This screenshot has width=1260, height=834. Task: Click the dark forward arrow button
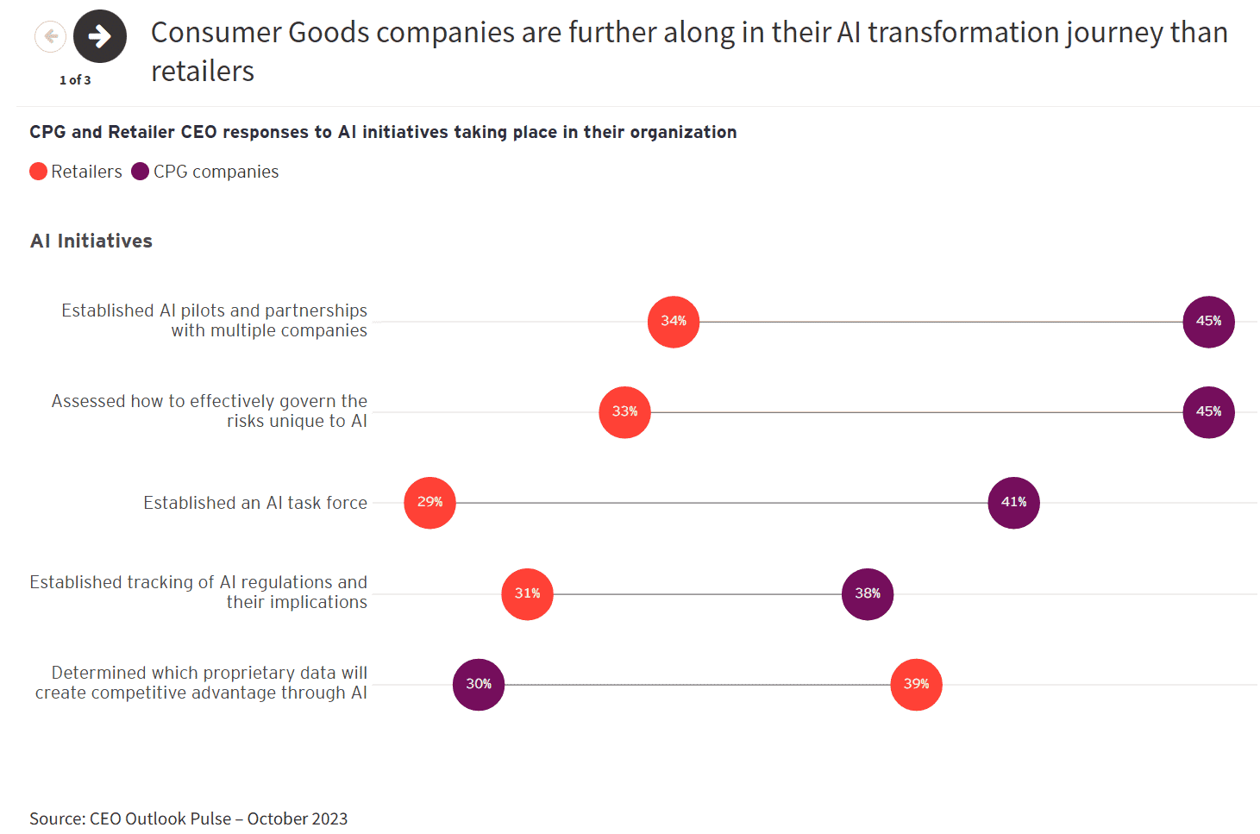pos(100,36)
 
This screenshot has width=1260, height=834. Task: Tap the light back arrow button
pos(51,36)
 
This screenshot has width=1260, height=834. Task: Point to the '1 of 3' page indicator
pos(75,80)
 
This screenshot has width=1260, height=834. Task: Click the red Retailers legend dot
pos(38,172)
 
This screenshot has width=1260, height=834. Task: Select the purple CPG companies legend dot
pos(141,172)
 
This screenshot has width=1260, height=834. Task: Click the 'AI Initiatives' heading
pos(91,241)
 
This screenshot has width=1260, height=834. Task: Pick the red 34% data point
pos(674,322)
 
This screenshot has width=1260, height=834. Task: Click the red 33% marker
pos(624,412)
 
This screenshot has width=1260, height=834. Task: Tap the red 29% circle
pos(429,503)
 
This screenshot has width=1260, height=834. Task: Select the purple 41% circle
pos(1013,503)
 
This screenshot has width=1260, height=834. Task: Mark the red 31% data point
pos(527,594)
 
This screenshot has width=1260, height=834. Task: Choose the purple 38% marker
pos(868,594)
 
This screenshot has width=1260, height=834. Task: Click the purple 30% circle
pos(479,685)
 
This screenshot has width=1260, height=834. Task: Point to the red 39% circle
pos(916,685)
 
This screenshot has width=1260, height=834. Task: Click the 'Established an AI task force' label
pos(255,503)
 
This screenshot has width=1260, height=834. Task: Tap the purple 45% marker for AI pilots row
pos(1208,322)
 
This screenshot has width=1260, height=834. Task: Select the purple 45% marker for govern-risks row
pos(1208,412)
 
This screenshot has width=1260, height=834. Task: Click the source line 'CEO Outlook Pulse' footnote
pos(189,818)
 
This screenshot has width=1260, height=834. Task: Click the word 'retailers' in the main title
pos(203,72)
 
